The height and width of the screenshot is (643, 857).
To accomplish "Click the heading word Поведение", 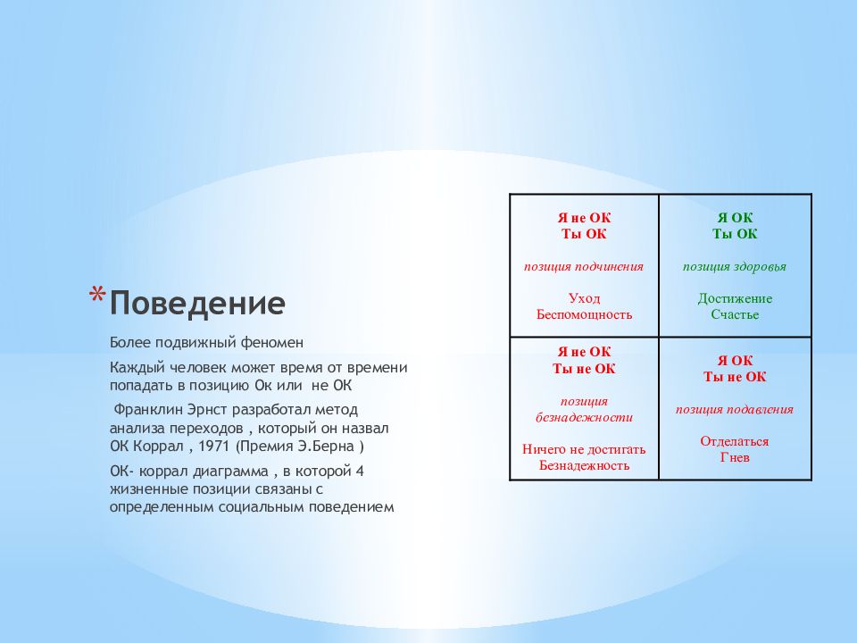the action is [x=197, y=303].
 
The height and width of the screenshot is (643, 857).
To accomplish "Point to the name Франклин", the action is [x=148, y=410].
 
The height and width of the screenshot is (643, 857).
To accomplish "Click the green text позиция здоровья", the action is [x=734, y=267].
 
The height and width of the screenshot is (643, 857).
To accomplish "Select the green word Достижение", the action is [x=735, y=298].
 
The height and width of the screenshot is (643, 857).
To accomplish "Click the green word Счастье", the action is [x=735, y=314].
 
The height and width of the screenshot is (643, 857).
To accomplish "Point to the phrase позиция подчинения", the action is [x=584, y=267].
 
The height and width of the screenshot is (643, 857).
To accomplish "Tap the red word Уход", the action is [x=584, y=298].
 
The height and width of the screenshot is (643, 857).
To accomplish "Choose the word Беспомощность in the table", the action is [x=584, y=314].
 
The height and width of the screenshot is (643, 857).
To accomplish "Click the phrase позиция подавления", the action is [x=734, y=410].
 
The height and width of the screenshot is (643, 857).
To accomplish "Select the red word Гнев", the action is [x=735, y=457].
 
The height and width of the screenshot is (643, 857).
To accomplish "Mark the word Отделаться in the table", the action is [x=735, y=441].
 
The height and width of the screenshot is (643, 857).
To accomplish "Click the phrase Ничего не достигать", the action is [x=584, y=449].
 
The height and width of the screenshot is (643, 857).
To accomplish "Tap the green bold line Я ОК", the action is [x=735, y=218].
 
